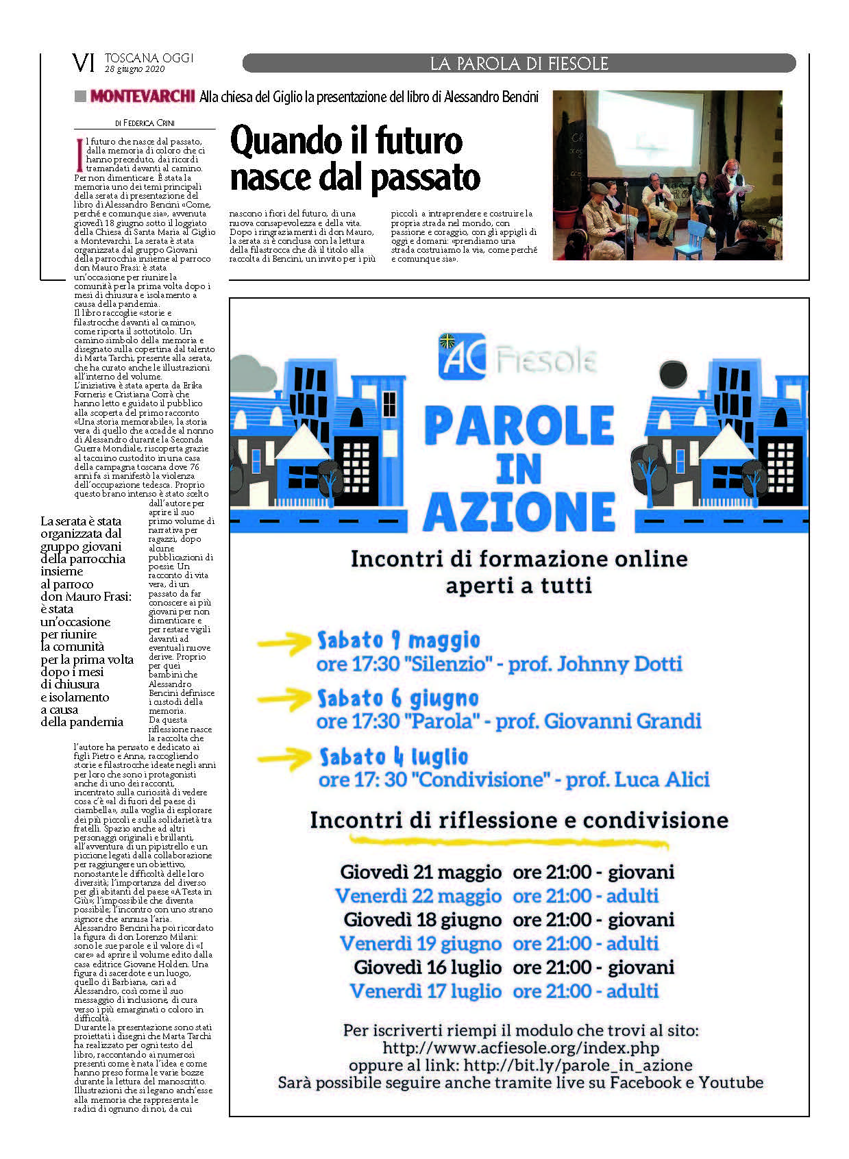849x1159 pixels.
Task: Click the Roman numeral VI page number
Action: coord(83,63)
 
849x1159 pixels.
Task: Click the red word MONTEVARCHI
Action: coord(143,97)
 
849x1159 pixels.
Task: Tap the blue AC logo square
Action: coord(462,357)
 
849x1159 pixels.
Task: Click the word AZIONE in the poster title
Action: coord(519,511)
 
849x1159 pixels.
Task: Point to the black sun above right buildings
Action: coord(672,373)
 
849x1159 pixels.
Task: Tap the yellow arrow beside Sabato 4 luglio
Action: coord(284,758)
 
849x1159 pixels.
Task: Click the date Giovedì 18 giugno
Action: coord(422,919)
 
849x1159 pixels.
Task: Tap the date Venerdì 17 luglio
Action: coord(425,990)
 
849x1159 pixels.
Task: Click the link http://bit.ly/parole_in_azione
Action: coord(578,1065)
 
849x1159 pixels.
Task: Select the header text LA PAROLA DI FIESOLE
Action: coord(519,64)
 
